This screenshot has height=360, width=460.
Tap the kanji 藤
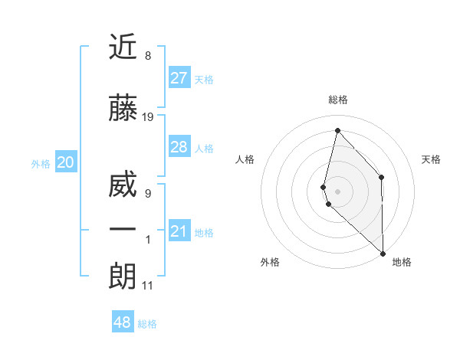[123, 109]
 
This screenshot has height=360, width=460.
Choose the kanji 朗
[123, 277]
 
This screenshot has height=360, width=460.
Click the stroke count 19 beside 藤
[148, 117]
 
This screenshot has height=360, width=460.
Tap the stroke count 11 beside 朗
[148, 286]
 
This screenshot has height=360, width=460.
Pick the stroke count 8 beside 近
[148, 56]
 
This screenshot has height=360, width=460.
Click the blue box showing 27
[179, 78]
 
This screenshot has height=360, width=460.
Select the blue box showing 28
[179, 147]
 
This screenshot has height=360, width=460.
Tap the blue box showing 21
[179, 231]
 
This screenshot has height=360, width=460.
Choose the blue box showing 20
[66, 162]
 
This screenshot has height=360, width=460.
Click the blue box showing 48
[122, 322]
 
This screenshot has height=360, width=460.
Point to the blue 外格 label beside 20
[41, 163]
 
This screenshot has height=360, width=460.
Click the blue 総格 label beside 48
[147, 324]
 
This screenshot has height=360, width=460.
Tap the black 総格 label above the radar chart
[338, 100]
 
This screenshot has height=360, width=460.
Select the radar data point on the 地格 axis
[383, 252]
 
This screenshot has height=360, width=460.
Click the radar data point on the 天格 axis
[382, 178]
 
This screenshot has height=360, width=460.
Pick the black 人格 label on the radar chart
[245, 159]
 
